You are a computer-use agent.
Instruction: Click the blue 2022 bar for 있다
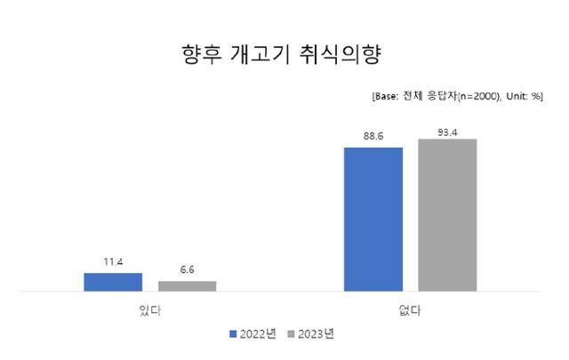click(x=113, y=282)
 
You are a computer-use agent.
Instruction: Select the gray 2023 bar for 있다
click(x=187, y=285)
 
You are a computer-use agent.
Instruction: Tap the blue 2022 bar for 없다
click(x=373, y=219)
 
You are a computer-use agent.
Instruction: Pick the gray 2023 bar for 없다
click(x=447, y=214)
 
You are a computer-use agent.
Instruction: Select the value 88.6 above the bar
click(x=373, y=137)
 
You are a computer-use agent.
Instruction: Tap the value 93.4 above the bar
click(x=447, y=129)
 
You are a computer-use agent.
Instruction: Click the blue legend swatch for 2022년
click(x=234, y=334)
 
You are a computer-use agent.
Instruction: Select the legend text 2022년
click(x=258, y=334)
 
